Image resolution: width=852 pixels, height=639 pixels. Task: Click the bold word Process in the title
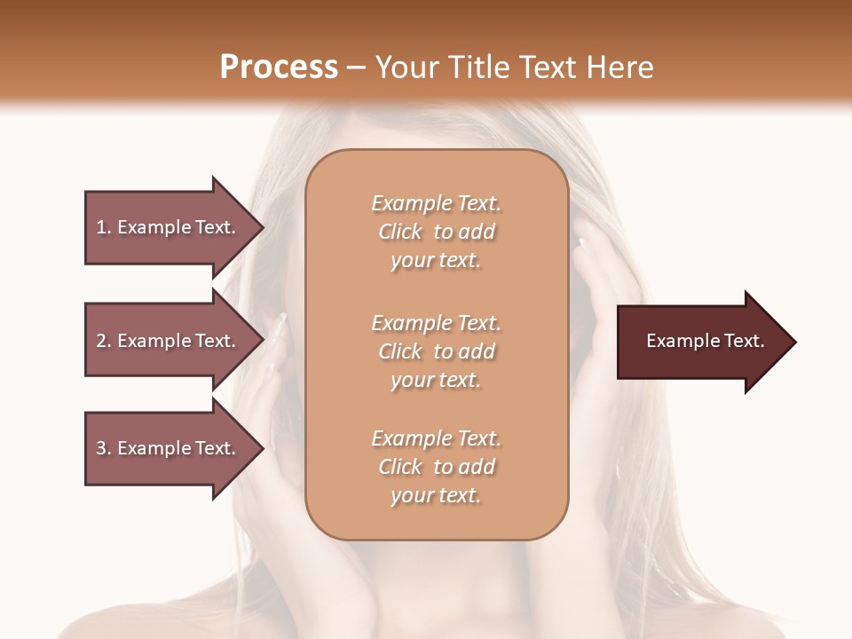279,67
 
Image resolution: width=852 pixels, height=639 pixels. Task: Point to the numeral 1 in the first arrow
101,227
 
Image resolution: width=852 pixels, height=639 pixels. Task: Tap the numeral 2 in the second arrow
101,341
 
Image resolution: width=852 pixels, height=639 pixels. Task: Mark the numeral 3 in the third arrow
101,448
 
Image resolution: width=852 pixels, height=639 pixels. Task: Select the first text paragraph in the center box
436,232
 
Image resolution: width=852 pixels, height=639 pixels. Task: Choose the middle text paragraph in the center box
436,351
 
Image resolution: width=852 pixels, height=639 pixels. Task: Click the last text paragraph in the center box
436,467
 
